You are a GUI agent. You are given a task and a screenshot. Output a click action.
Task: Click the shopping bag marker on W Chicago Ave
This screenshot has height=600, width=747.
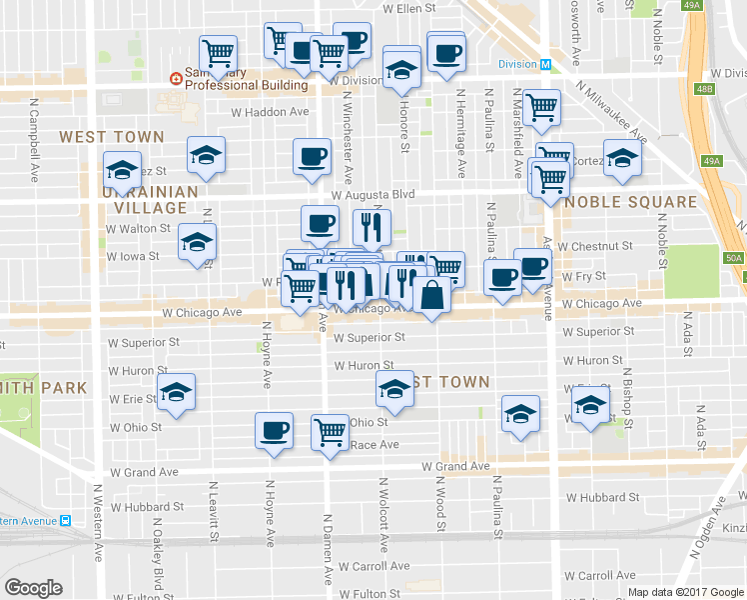point(430,297)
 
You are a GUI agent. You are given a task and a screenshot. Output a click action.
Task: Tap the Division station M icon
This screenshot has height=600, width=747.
point(545,64)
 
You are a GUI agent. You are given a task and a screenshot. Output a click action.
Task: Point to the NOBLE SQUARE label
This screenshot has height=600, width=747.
point(630,202)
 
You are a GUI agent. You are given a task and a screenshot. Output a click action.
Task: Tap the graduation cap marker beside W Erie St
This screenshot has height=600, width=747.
point(177,392)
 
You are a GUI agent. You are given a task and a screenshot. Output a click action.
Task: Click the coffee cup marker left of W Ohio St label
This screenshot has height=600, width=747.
point(274,431)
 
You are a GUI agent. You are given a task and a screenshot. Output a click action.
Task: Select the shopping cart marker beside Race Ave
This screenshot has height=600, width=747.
point(330,433)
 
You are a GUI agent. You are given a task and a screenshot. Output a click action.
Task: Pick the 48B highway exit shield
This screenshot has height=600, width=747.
point(705,90)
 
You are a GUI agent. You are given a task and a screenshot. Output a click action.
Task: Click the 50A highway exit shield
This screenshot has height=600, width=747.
point(734,258)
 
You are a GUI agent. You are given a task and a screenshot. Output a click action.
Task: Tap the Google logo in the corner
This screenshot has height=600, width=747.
point(34,588)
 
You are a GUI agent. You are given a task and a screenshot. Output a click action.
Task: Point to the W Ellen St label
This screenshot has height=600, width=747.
point(411,8)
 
